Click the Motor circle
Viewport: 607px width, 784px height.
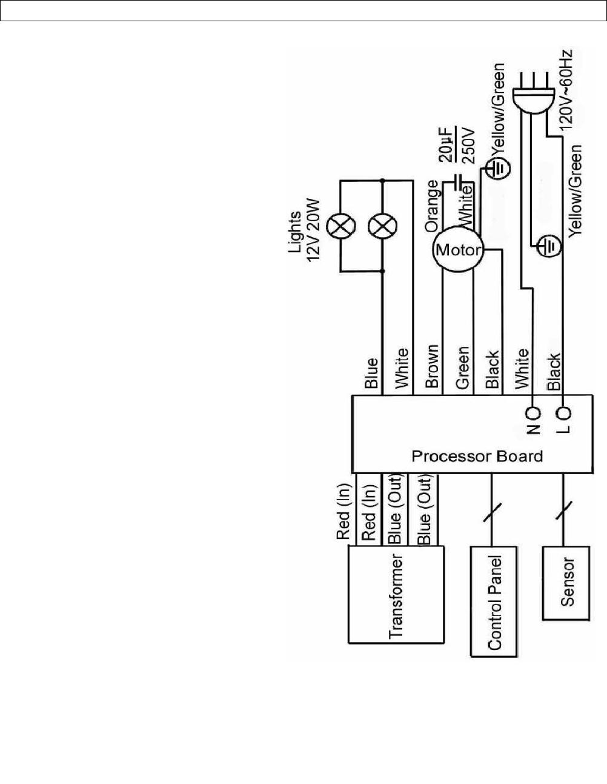(459, 250)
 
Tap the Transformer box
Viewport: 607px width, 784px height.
(396, 595)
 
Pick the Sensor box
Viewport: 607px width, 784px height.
(566, 583)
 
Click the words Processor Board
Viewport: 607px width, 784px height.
(477, 456)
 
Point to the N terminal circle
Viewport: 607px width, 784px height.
(534, 414)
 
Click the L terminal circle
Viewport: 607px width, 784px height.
(565, 414)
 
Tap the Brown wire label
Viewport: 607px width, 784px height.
(432, 366)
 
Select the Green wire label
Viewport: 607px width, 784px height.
(462, 367)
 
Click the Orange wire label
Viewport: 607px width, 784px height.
(432, 206)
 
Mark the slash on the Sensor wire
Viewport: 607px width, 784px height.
(563, 512)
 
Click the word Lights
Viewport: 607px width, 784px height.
(295, 232)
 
